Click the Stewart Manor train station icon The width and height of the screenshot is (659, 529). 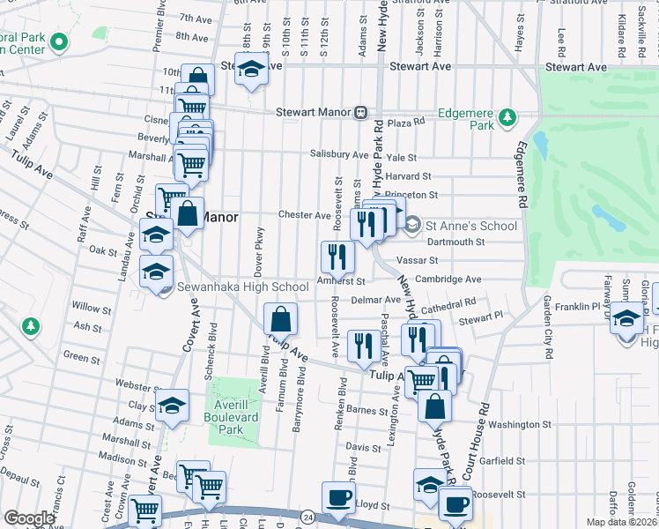[x=360, y=112]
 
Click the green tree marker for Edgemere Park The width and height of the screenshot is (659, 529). [x=507, y=116]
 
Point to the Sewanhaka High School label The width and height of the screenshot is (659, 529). [x=230, y=287]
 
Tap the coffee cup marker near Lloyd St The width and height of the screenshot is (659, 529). [x=338, y=497]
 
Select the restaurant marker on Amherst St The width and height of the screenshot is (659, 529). [x=337, y=257]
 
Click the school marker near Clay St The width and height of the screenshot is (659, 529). [x=173, y=406]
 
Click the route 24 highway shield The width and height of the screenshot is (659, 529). [x=307, y=515]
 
